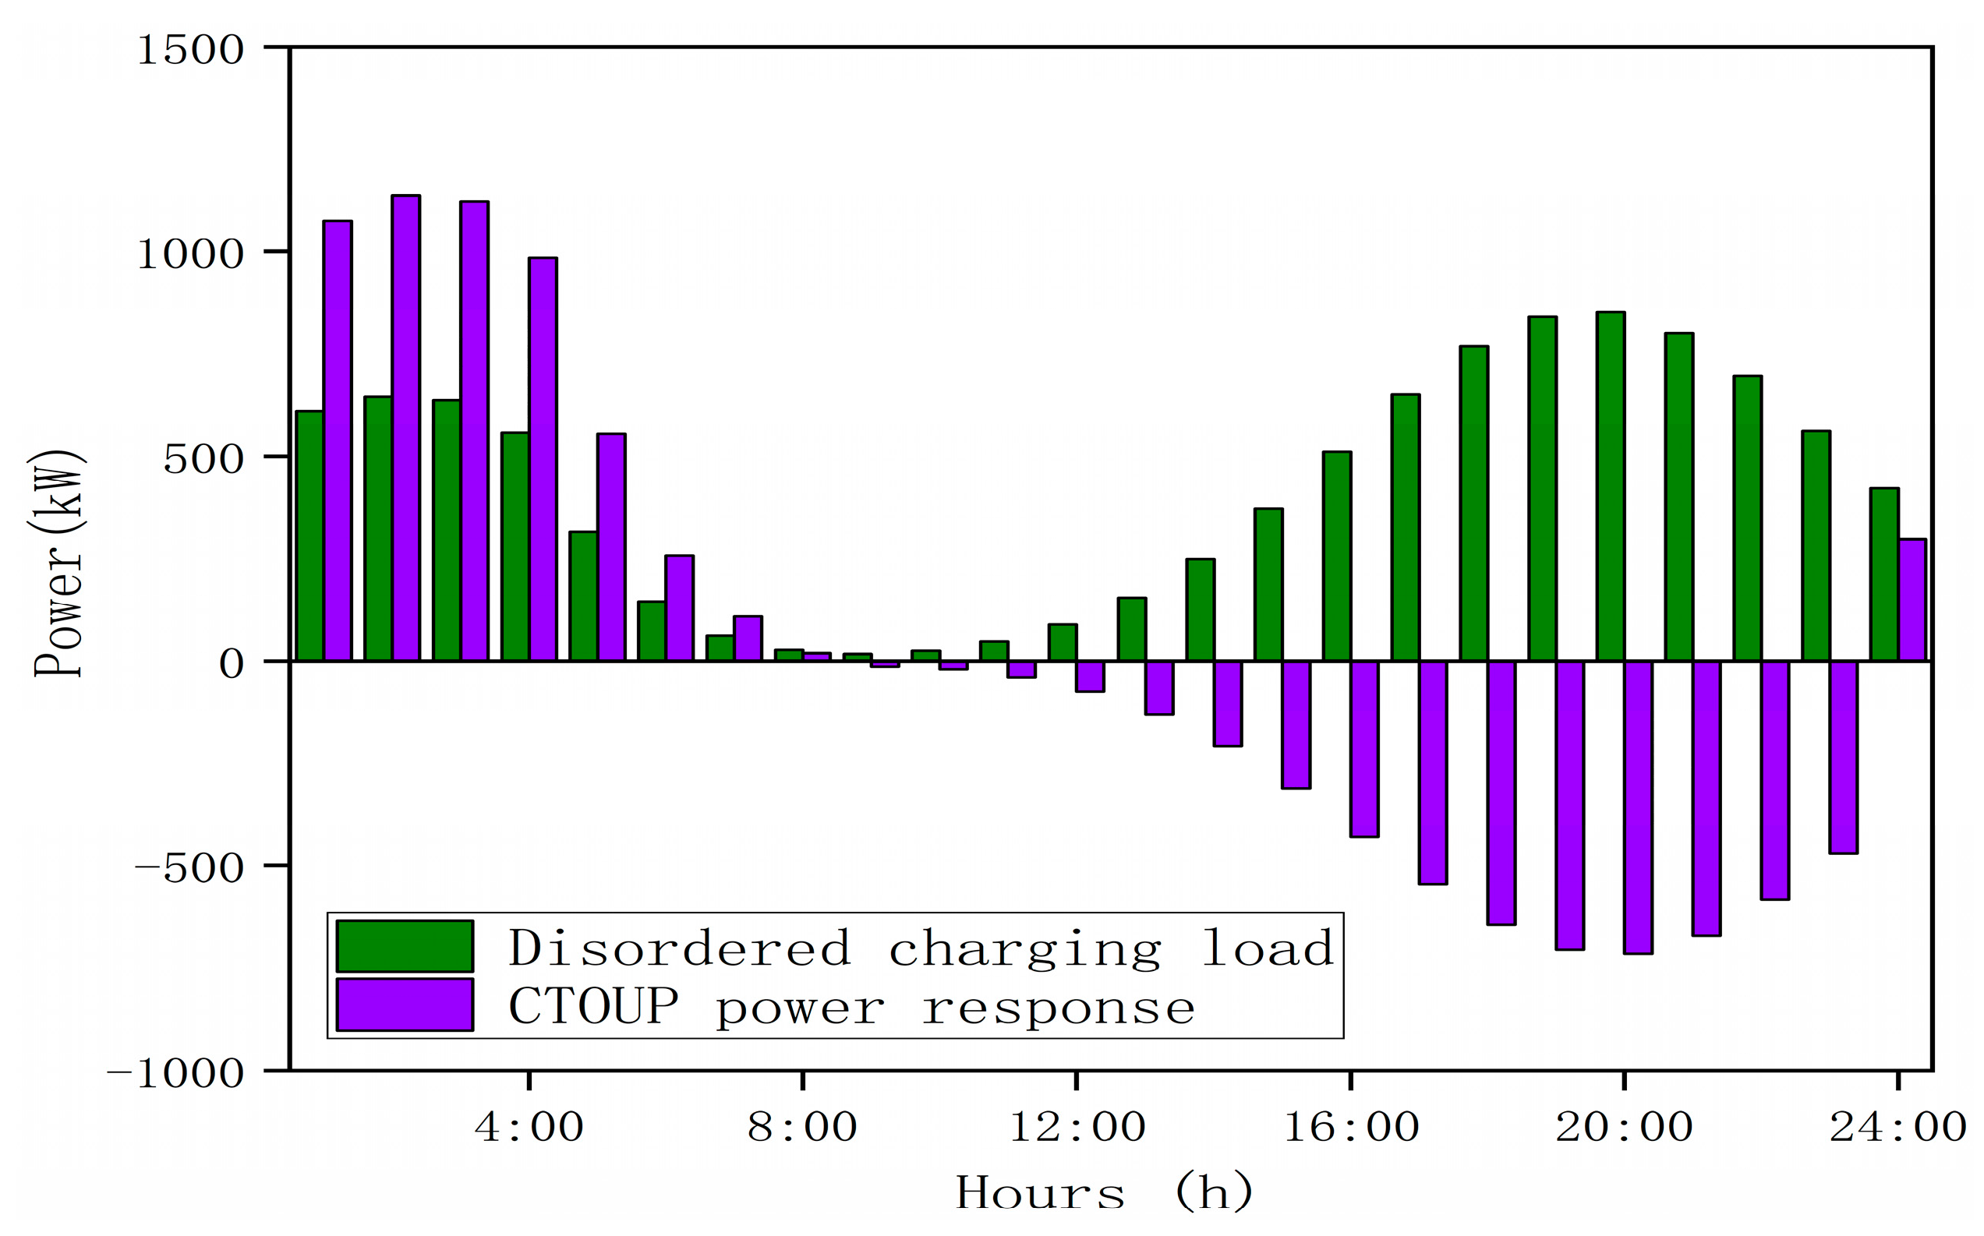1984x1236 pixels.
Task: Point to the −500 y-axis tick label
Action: pos(189,867)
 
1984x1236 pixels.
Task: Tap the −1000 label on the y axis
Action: pos(175,1072)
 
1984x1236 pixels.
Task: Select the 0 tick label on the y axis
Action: pos(232,664)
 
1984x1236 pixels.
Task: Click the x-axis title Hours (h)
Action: pos(1103,1192)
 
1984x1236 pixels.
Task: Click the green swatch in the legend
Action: pos(405,946)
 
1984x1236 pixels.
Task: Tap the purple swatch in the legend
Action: pos(405,1005)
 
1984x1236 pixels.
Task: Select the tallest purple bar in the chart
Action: pos(405,425)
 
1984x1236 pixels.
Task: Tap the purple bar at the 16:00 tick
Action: pos(1364,748)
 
